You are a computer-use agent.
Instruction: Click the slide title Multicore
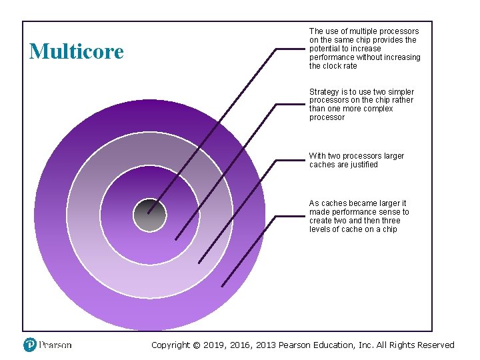click(x=77, y=51)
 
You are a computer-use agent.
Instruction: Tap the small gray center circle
click(x=149, y=215)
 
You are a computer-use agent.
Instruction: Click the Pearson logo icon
click(x=30, y=345)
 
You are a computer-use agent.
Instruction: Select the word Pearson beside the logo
click(x=55, y=345)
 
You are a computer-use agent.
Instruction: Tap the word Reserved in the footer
click(x=433, y=345)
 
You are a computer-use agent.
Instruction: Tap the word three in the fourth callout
click(x=391, y=221)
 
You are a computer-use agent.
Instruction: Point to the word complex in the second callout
click(x=377, y=109)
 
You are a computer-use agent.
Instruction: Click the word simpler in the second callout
click(x=399, y=92)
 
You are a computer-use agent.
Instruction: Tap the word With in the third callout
click(x=317, y=156)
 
